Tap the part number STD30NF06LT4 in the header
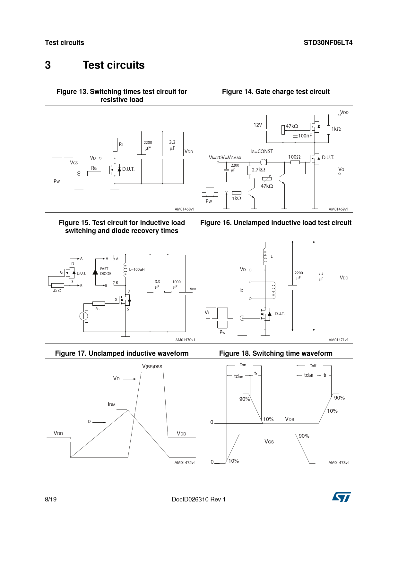[x=328, y=43]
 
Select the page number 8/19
[x=51, y=499]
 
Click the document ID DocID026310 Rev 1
[x=199, y=499]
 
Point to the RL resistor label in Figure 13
[x=121, y=145]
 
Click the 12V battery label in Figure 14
[x=258, y=125]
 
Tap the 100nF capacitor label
[x=305, y=136]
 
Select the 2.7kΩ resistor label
[x=258, y=170]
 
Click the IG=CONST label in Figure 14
[x=262, y=151]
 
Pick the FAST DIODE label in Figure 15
[x=106, y=271]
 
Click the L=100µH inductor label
[x=137, y=269]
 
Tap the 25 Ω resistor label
[x=57, y=290]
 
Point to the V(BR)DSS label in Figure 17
[x=152, y=366]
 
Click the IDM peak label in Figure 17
[x=112, y=405]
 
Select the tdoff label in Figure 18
[x=308, y=375]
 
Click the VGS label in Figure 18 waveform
[x=269, y=442]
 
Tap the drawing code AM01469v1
[x=338, y=209]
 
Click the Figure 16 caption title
[x=276, y=223]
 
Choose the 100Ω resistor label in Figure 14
[x=294, y=157]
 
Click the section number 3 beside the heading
[x=48, y=65]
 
